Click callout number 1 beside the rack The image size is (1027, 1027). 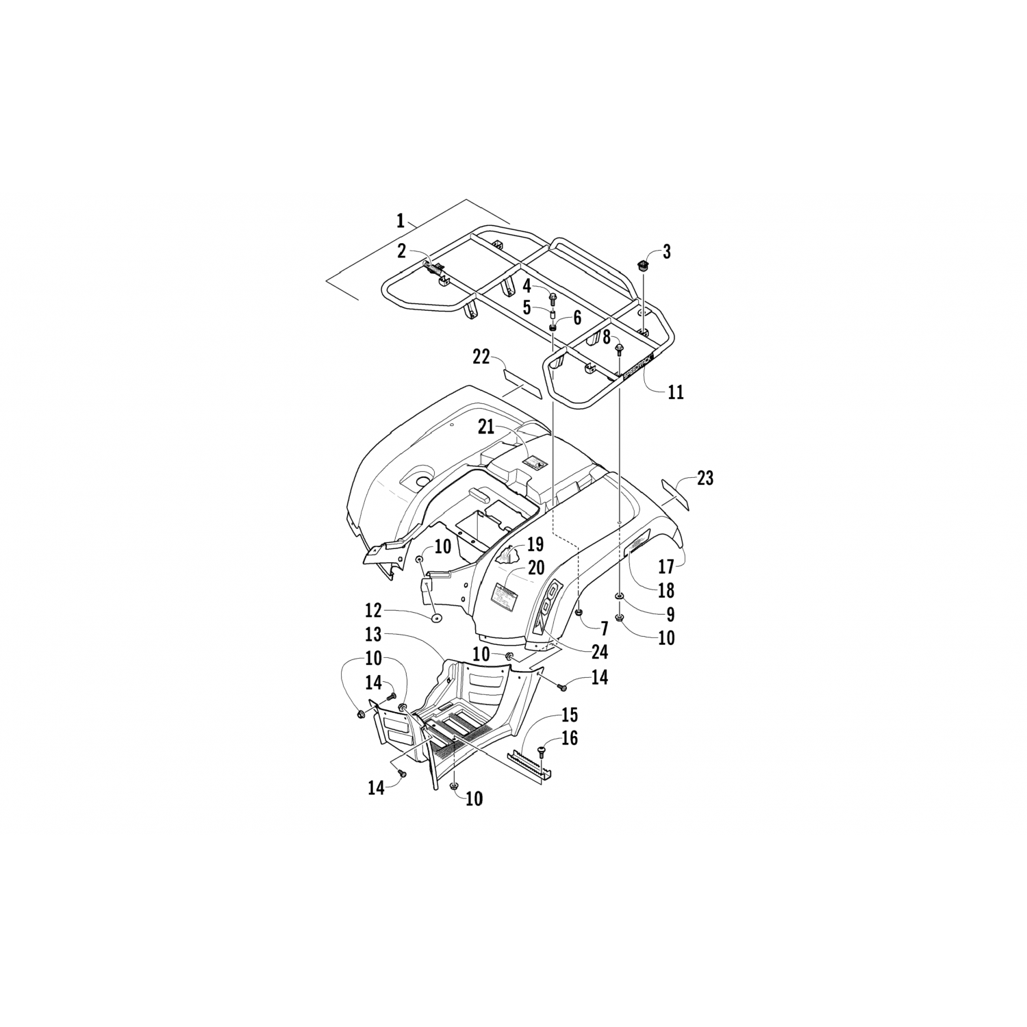tap(401, 221)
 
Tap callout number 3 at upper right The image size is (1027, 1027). tap(666, 251)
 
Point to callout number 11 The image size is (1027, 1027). tap(675, 392)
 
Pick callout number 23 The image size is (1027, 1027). tap(704, 478)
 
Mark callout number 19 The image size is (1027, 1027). tap(535, 546)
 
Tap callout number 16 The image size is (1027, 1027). tap(569, 738)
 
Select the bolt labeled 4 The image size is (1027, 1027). tap(553, 298)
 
